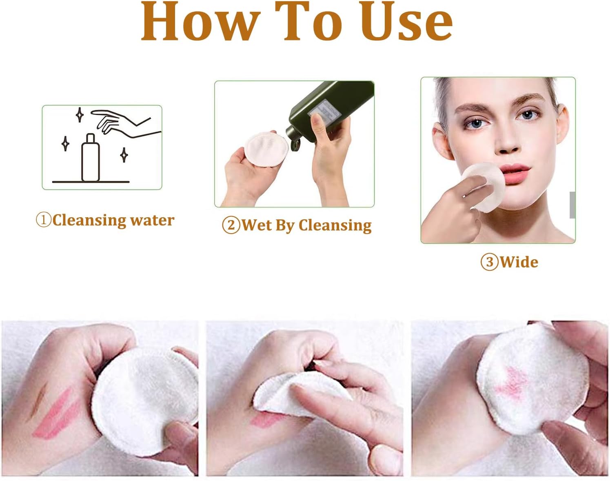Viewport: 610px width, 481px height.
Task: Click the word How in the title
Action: point(200,22)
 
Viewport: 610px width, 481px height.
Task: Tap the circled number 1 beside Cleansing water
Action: point(44,220)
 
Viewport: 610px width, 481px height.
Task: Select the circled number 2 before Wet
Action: point(231,225)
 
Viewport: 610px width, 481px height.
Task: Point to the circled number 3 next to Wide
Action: point(490,262)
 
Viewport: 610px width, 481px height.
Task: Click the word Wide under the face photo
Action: point(519,262)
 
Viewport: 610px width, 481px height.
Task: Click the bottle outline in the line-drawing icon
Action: point(91,157)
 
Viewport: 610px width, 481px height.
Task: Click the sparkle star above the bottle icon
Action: point(80,115)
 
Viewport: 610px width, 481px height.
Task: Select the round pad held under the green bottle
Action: point(266,148)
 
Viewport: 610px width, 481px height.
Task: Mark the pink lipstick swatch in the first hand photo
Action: point(56,414)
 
